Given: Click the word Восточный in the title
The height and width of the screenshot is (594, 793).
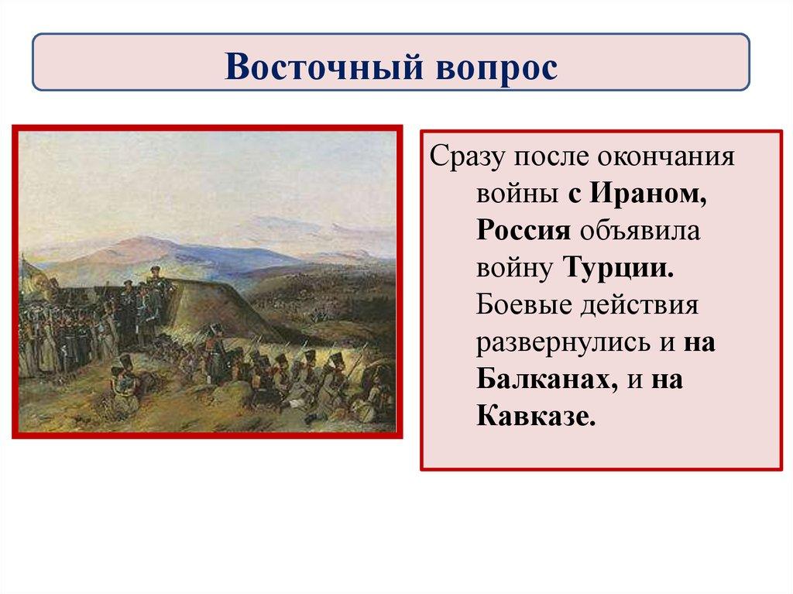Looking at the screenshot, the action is click(324, 67).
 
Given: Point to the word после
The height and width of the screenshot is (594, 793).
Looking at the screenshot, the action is click(551, 156).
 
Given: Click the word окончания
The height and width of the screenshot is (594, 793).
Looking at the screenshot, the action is click(666, 156).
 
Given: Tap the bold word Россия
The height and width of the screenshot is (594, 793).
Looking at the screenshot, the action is click(524, 230).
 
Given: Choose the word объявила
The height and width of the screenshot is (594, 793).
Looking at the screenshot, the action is click(640, 230).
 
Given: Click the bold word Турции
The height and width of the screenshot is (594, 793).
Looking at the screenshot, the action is click(619, 268).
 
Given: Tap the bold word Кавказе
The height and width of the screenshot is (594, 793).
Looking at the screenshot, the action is click(536, 417).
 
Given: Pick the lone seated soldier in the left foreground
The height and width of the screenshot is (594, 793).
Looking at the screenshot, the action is click(123, 380).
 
